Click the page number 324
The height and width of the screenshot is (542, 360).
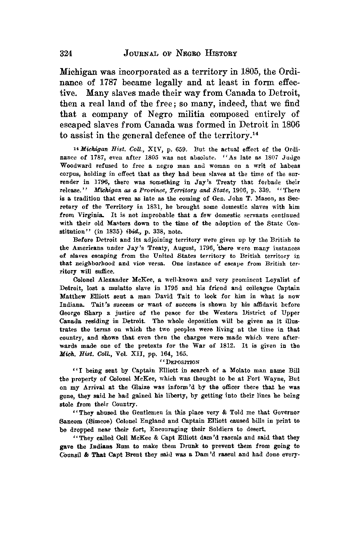(66, 54)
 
